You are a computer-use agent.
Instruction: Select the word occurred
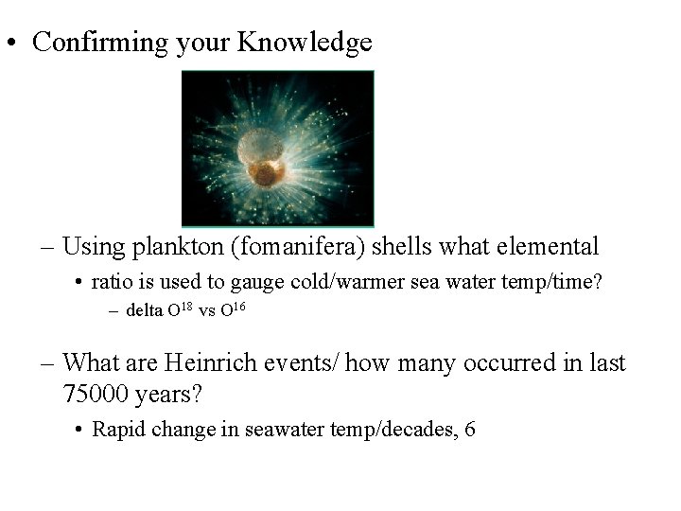pos(505,363)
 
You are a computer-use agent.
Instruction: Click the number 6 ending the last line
pos(469,430)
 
